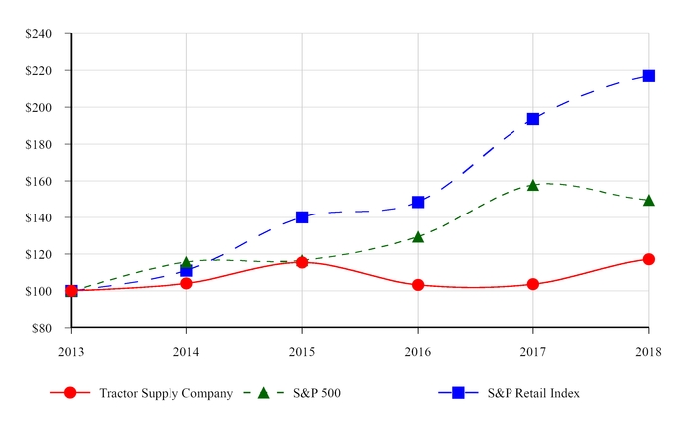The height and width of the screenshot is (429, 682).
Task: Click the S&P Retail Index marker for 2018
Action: pos(648,76)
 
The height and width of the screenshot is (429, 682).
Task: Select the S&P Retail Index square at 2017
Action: pos(533,119)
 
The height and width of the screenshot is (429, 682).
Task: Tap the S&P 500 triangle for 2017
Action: pos(533,185)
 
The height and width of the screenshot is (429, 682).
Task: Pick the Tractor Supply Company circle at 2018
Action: pos(648,259)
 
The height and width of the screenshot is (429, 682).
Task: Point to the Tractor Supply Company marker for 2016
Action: pos(418,285)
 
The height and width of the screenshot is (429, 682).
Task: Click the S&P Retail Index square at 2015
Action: pos(302,216)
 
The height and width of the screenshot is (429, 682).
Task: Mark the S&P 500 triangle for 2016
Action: pos(418,237)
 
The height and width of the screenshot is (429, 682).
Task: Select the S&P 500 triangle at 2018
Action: pos(648,201)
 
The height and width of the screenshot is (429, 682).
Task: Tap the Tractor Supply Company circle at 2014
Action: pos(186,283)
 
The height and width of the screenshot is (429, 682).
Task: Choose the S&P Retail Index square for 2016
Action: pos(418,202)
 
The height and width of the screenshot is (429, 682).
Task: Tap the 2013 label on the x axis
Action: pos(71,350)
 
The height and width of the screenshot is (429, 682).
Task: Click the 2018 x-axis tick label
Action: pos(648,350)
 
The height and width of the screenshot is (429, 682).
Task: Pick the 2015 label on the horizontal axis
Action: pos(302,350)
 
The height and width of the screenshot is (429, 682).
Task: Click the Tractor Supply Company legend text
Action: pos(166,393)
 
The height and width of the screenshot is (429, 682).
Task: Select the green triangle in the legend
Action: pos(264,393)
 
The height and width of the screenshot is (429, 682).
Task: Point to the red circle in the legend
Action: pos(70,393)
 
